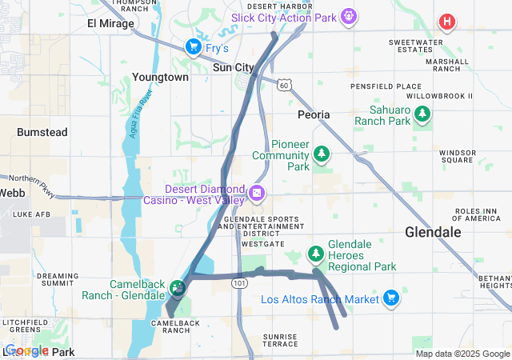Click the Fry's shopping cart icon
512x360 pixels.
[193, 48]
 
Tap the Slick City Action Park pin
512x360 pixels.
[348, 16]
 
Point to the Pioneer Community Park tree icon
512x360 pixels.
[322, 152]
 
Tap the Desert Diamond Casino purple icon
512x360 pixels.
[257, 192]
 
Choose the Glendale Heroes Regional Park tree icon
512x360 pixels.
[316, 254]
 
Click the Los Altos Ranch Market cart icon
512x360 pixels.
[390, 298]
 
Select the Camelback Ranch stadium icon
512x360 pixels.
[176, 286]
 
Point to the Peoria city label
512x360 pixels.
[314, 115]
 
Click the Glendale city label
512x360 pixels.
[433, 232]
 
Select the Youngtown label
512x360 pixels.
[161, 78]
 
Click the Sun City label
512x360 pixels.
[234, 68]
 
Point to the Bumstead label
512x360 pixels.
[42, 131]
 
